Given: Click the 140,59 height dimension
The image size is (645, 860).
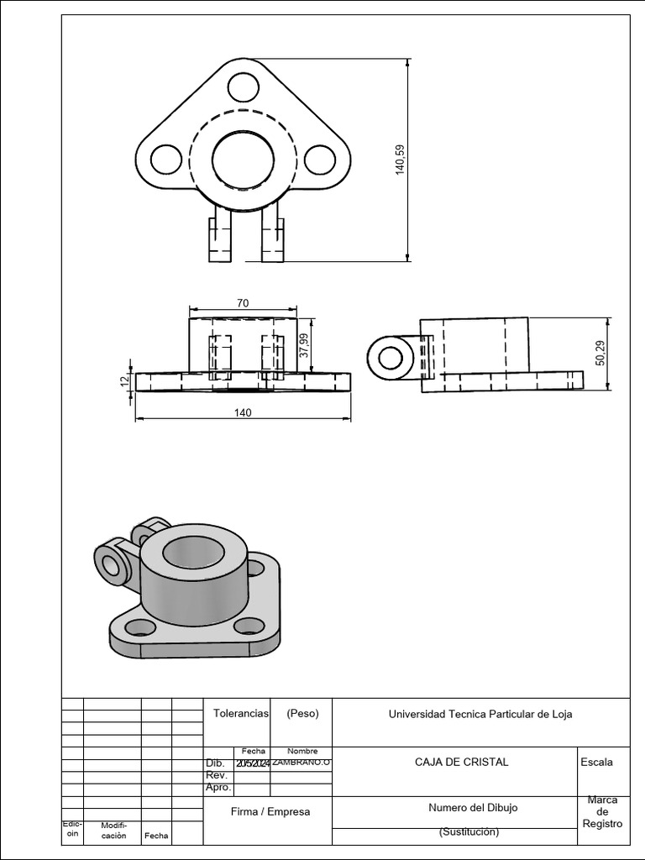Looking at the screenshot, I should [x=400, y=159].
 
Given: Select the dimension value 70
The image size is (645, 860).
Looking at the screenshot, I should [x=243, y=303].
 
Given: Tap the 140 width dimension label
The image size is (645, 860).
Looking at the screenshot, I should [x=244, y=412].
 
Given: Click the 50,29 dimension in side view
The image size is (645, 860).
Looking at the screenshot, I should [x=600, y=353].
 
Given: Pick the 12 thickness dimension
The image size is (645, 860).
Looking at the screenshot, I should [x=124, y=380].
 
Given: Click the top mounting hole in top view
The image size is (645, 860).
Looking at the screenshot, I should [x=243, y=87].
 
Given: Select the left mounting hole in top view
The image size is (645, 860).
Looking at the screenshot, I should [x=166, y=160].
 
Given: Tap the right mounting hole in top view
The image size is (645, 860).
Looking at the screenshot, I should [x=320, y=160].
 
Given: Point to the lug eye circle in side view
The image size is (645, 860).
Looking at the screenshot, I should [x=391, y=357].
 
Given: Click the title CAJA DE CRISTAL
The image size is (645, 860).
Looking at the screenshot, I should [x=461, y=763].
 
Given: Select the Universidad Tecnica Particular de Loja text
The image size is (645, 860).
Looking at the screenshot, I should [x=480, y=715].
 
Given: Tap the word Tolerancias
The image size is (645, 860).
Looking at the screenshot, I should [x=240, y=713].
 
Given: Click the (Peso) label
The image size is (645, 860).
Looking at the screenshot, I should [x=302, y=713].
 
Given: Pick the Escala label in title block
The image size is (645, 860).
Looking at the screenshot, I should [x=596, y=763].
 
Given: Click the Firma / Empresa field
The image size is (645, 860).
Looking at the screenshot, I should [x=270, y=811].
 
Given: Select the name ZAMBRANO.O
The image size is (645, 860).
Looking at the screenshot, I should [x=302, y=763].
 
